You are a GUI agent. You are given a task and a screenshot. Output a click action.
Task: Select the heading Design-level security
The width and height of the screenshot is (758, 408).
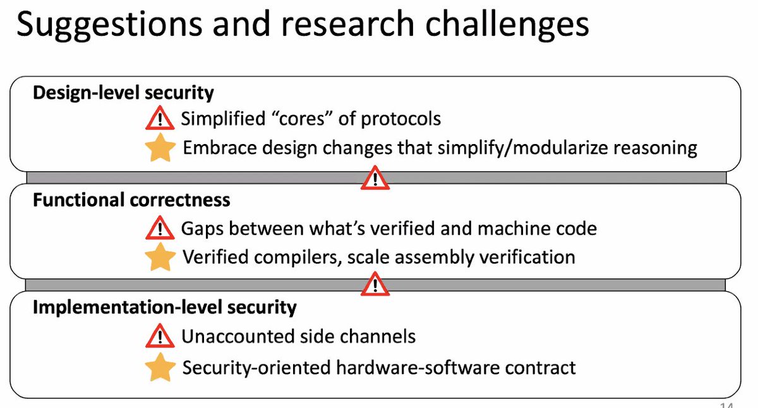coord(123,93)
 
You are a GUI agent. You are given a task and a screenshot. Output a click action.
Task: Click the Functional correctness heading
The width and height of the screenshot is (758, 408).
coord(131,200)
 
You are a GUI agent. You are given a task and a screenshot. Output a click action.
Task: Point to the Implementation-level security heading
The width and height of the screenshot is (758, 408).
coord(164,308)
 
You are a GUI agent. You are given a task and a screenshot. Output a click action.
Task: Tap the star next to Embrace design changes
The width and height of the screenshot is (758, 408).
coord(160,148)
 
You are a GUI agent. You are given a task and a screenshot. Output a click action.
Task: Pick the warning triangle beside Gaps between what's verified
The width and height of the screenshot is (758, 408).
coord(160,228)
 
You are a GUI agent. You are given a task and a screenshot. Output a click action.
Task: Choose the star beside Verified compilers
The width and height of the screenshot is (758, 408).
coord(160,257)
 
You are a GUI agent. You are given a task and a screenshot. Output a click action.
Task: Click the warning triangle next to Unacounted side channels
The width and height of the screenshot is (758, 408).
coord(160,337)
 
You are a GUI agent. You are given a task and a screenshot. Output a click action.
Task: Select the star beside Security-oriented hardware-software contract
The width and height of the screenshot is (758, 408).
coord(160,367)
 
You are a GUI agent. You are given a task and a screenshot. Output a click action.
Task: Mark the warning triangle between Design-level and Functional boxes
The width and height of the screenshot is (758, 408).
coord(375,179)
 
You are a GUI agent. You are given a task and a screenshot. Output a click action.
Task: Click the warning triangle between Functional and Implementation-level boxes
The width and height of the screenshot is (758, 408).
coord(375,285)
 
